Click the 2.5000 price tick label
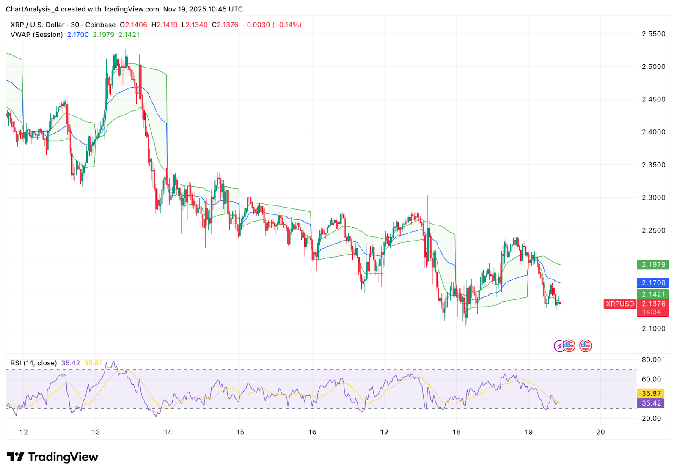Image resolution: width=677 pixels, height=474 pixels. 653,67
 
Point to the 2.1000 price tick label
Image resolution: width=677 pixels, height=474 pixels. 653,329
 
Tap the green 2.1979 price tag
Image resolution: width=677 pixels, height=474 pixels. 653,265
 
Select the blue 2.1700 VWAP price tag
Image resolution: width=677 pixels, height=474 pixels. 653,282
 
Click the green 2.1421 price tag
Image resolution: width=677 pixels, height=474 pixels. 653,294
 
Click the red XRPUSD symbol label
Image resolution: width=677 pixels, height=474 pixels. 620,304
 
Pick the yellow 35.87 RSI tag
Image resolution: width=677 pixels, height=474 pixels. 651,393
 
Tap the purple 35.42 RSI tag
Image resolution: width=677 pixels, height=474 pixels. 651,403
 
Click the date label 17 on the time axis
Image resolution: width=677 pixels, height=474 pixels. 384,432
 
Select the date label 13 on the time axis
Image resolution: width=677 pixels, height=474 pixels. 96,432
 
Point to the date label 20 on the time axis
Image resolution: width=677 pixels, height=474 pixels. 600,432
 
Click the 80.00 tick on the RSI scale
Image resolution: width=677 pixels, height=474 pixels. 651,360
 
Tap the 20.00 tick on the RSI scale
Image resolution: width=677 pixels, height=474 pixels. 651,419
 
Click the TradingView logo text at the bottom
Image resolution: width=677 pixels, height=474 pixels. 63,457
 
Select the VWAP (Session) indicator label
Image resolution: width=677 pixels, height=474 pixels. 36,35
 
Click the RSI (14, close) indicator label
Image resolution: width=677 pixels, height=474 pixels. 33,363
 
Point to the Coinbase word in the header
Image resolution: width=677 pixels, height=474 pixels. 100,25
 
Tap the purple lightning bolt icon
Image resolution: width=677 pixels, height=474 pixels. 559,346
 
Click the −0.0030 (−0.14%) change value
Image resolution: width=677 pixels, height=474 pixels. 272,25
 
